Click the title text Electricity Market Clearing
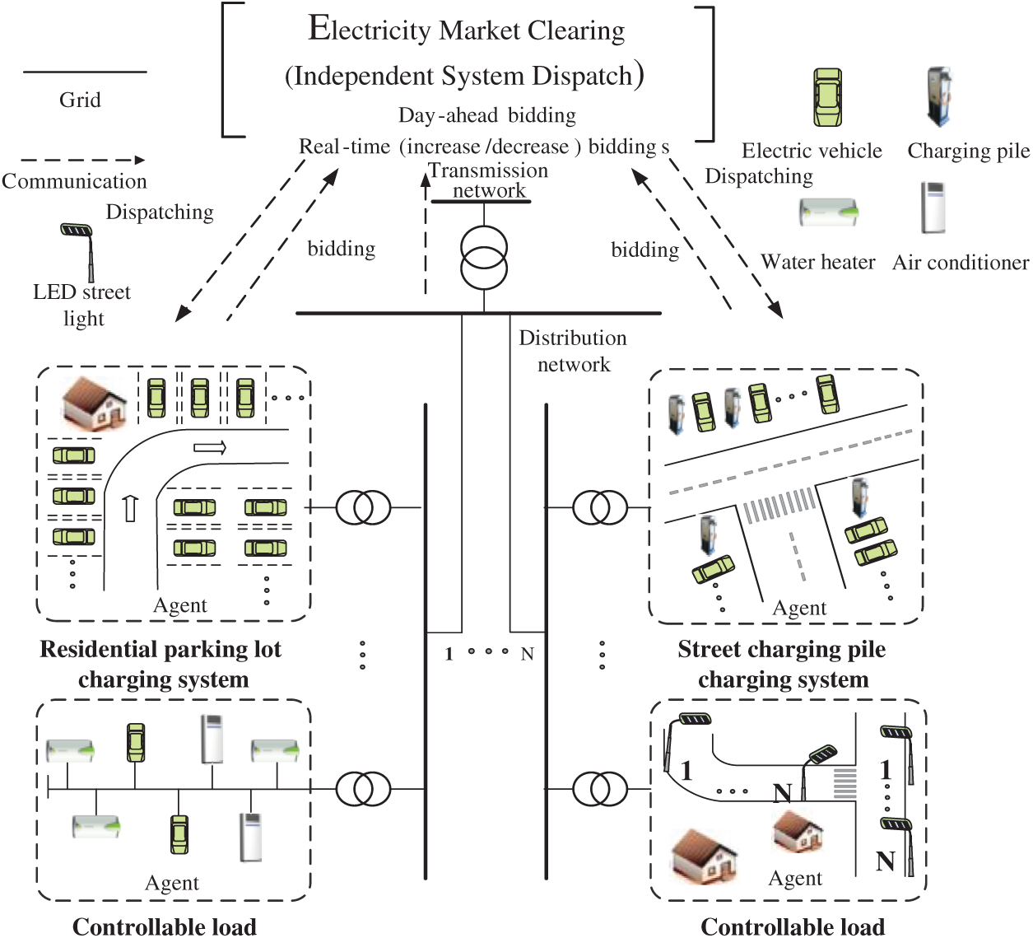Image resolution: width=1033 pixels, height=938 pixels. tap(467, 30)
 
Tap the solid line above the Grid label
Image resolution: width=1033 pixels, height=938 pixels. tap(85, 72)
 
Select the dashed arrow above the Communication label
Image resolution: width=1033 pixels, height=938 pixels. tap(82, 160)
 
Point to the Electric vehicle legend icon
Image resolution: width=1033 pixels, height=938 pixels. tap(828, 97)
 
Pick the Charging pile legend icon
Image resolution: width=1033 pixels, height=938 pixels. tap(939, 97)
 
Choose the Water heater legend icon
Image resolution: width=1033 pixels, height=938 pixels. tap(828, 212)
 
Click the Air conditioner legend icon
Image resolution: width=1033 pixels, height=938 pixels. tap(933, 208)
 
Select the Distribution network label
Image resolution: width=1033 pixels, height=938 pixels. tap(573, 351)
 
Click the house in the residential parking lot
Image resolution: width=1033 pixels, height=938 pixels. tap(95, 403)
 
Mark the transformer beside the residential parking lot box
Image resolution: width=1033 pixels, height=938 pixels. tap(363, 507)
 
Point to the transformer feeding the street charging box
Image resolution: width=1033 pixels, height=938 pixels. tap(600, 507)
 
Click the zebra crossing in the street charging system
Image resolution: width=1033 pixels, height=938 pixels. tap(779, 505)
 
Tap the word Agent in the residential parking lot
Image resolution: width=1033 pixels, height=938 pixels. tap(180, 605)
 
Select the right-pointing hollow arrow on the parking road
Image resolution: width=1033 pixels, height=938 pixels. tap(210, 448)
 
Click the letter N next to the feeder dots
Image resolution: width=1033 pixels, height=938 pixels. tap(527, 654)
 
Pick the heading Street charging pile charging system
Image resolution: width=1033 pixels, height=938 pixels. tap(782, 664)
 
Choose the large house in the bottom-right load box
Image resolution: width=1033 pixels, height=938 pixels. tap(704, 854)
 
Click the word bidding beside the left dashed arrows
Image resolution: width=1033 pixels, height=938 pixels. tap(342, 249)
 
